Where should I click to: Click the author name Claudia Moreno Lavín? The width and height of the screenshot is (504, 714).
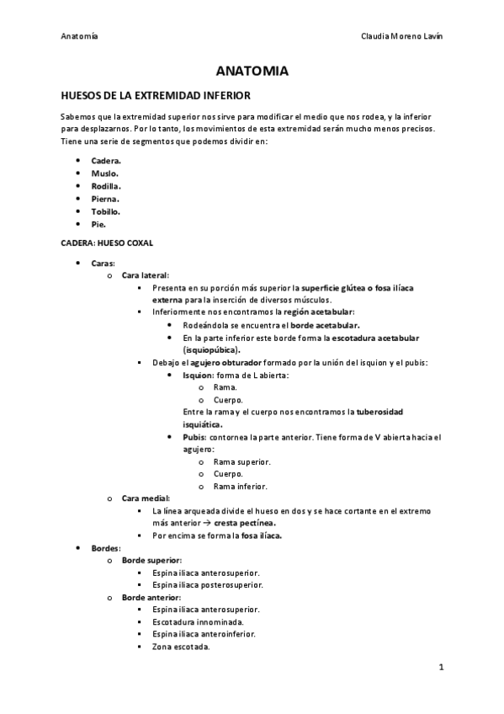point(401,37)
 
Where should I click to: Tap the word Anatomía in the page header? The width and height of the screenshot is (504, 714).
point(79,37)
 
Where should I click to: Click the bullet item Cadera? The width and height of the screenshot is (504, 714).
point(106,160)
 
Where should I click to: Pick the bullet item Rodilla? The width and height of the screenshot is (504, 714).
point(106,186)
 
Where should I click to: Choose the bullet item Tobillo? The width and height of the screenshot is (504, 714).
point(106,211)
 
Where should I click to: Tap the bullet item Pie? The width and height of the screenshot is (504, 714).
point(99,225)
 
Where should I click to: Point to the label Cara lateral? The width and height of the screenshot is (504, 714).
point(146,275)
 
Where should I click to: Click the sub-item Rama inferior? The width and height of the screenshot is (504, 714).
point(241,487)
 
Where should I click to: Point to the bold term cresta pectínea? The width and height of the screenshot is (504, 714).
point(248,523)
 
